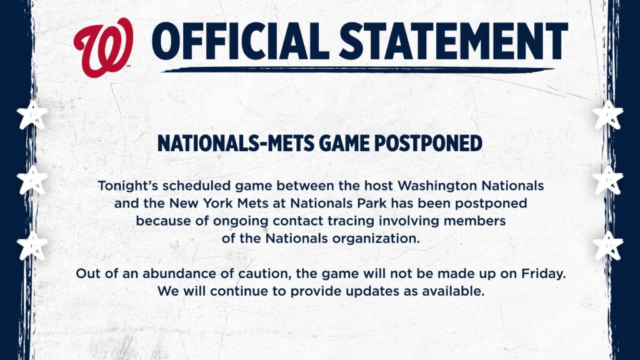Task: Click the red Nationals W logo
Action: point(103,47)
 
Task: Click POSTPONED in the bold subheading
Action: point(428,143)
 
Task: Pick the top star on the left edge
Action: point(32,115)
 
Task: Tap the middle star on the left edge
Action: point(32,180)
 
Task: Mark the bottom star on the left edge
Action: point(32,245)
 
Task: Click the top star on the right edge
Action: point(607,115)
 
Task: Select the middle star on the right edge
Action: point(607,180)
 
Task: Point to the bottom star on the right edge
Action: point(607,245)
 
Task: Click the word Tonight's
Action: point(127,186)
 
